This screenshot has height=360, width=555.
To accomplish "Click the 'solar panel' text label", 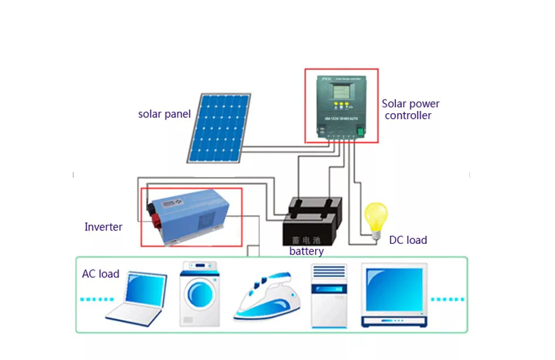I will pos(164,114).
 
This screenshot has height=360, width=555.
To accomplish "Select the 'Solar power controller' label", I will pos(410,110).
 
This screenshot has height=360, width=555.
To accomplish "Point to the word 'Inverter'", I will pos(103,227).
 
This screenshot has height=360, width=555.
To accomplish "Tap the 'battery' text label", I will pos(306,252).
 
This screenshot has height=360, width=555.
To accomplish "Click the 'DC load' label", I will pos(408,240).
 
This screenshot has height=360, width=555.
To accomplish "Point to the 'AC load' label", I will pos(100,274).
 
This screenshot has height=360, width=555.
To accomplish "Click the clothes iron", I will pos(268,297).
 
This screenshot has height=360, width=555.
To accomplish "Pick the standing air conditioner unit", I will pos(329,296).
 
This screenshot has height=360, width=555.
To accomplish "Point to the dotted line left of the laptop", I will pos(96,299).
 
